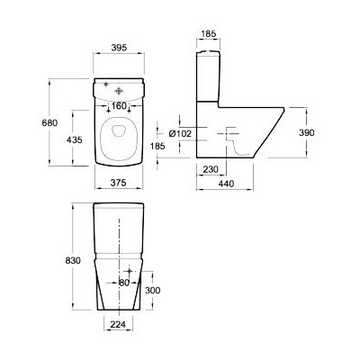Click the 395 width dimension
pyautogui.click(x=120, y=48)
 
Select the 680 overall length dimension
pyautogui.click(x=49, y=122)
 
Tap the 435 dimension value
pyautogui.click(x=74, y=139)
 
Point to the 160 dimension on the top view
pyautogui.click(x=119, y=105)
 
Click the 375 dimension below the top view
pyautogui.click(x=118, y=183)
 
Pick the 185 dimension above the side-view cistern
pyautogui.click(x=209, y=34)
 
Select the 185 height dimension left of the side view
pyautogui.click(x=157, y=146)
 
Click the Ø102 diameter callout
pyautogui.click(x=180, y=133)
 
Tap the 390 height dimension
pyautogui.click(x=307, y=132)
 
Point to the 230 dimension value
pyautogui.click(x=211, y=169)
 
